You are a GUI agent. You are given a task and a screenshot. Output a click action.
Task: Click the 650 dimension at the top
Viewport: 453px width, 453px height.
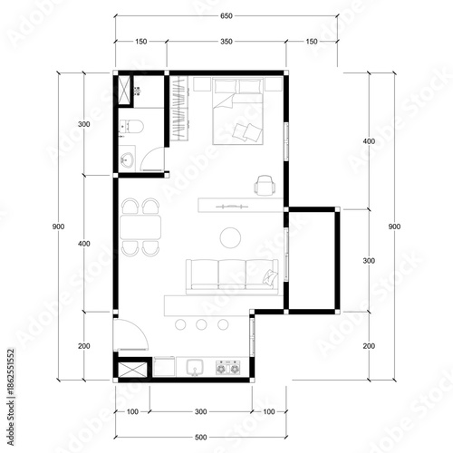click(225, 16)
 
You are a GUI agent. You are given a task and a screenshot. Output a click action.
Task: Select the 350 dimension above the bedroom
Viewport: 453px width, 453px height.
click(225, 42)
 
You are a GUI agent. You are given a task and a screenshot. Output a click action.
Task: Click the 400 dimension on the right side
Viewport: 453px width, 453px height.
click(367, 142)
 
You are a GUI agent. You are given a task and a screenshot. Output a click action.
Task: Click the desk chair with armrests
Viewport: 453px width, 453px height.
click(265, 185)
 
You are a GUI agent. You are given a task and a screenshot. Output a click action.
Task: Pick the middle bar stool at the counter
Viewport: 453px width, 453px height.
click(200, 323)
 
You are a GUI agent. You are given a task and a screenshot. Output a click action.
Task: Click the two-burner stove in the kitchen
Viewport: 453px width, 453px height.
click(226, 368)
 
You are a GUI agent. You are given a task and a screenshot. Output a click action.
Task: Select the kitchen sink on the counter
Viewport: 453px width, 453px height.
click(194, 368)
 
